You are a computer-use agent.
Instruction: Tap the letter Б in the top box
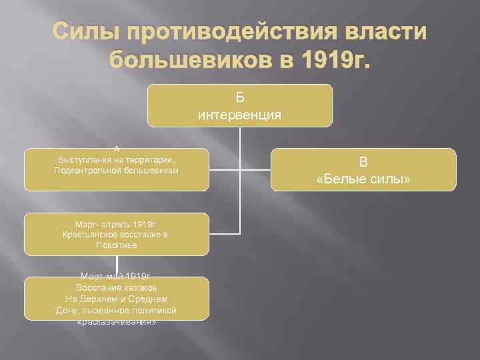tap(239, 98)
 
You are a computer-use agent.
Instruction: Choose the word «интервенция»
tap(239, 114)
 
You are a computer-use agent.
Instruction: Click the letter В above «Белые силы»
tap(363, 161)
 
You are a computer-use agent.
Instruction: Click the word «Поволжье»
tap(117, 245)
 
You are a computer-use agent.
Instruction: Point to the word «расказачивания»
tap(117, 321)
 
